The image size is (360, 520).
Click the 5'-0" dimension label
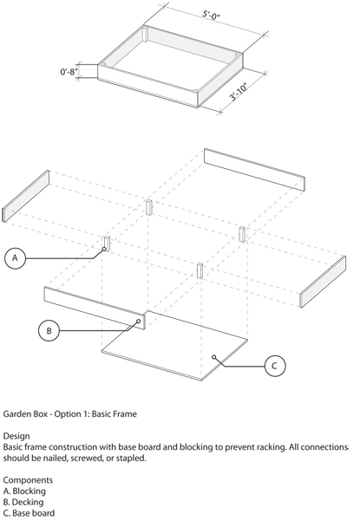coord(212,16)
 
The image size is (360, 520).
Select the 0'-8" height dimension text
coord(69,72)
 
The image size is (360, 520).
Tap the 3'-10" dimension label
coord(239,91)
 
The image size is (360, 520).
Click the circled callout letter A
coord(15,257)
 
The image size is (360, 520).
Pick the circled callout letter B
coord(49,331)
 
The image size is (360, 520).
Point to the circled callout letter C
coord(275,366)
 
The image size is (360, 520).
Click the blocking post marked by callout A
coord(107,244)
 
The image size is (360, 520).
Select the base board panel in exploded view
coord(174,346)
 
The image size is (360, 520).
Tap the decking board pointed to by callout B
coord(95,309)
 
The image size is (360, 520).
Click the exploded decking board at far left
coord(26,197)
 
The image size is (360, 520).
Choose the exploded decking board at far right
coord(323,282)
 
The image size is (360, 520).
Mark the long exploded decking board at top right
coord(254,170)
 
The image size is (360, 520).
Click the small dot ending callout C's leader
coord(214,357)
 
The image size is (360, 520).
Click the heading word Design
coord(16,436)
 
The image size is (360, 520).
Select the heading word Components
coord(28,480)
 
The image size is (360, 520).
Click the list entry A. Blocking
coord(24,491)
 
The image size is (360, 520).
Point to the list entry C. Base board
coord(29,513)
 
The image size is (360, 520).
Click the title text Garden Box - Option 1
coord(46,414)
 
